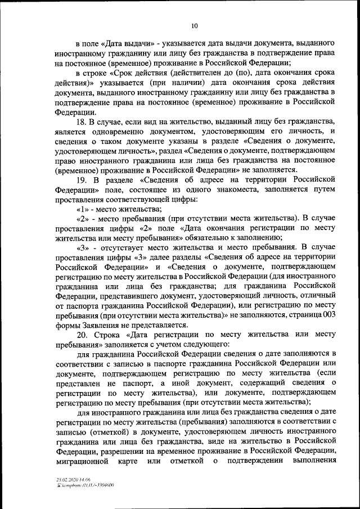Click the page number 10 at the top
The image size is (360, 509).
[194, 25]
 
